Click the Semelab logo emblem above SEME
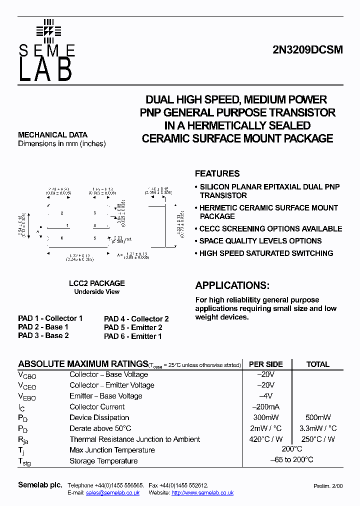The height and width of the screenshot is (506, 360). click(48, 31)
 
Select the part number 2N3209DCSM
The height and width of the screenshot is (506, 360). click(307, 50)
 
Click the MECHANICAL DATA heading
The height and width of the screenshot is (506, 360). click(52, 135)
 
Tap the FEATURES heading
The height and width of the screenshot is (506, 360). click(217, 173)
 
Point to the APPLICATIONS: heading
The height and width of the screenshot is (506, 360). click(232, 285)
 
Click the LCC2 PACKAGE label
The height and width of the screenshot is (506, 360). click(97, 283)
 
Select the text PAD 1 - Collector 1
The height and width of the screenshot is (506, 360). click(50, 318)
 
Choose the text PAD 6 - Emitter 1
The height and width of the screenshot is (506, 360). click(133, 336)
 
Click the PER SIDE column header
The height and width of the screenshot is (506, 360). click(266, 364)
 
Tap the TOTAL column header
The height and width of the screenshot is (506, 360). click(317, 364)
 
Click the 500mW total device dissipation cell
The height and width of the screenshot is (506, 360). click(317, 417)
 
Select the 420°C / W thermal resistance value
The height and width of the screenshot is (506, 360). click(266, 439)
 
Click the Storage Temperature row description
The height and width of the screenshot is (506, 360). click(103, 461)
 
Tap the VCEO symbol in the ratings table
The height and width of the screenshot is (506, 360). click(27, 386)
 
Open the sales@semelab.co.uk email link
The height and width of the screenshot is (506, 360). click(112, 493)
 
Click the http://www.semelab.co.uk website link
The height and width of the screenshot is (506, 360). click(202, 493)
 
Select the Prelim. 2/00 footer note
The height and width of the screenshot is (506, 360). click(328, 486)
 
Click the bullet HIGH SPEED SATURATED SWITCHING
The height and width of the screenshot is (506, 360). click(266, 253)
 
